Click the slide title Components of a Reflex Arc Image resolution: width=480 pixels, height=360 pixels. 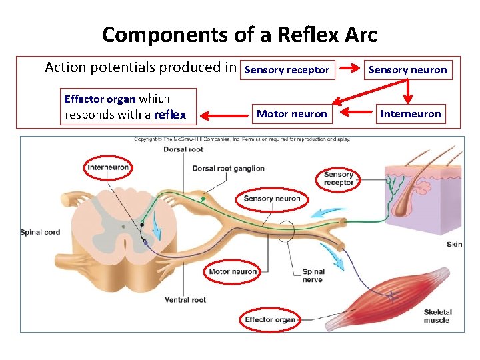(239, 34)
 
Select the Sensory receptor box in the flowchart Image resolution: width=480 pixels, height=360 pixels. (287, 70)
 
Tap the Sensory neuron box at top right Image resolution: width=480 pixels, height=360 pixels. (407, 70)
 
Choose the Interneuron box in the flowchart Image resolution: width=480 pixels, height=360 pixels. (410, 114)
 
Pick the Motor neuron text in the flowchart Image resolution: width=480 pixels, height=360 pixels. (292, 114)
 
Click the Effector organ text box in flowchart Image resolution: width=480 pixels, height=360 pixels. (128, 107)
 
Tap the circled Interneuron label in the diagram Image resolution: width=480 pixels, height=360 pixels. (108, 167)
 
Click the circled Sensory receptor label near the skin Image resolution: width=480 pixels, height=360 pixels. (339, 179)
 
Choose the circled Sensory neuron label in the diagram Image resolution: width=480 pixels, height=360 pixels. (272, 199)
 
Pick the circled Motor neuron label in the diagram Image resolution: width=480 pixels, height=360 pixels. (233, 272)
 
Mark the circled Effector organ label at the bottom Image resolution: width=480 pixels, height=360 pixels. (270, 320)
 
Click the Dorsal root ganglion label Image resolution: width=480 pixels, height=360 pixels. (229, 169)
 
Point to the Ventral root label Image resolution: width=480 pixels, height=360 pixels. (185, 300)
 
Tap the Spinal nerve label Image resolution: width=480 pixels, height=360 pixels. (313, 275)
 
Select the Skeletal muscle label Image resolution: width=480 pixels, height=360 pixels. (437, 316)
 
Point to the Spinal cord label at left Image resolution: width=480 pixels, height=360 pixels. (41, 233)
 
